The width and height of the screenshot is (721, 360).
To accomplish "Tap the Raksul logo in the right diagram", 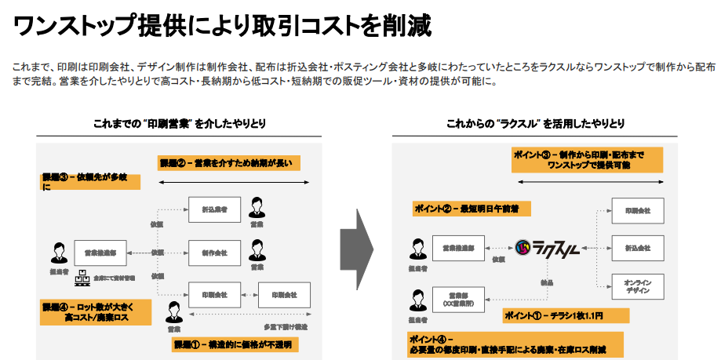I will click(548, 249).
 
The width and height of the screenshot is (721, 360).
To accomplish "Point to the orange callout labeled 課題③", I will click(90, 182).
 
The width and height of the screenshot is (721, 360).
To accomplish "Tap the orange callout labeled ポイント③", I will click(587, 159).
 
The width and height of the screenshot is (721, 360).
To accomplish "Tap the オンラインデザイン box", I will click(637, 285).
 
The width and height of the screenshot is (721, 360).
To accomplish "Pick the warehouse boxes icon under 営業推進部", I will click(80, 278).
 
